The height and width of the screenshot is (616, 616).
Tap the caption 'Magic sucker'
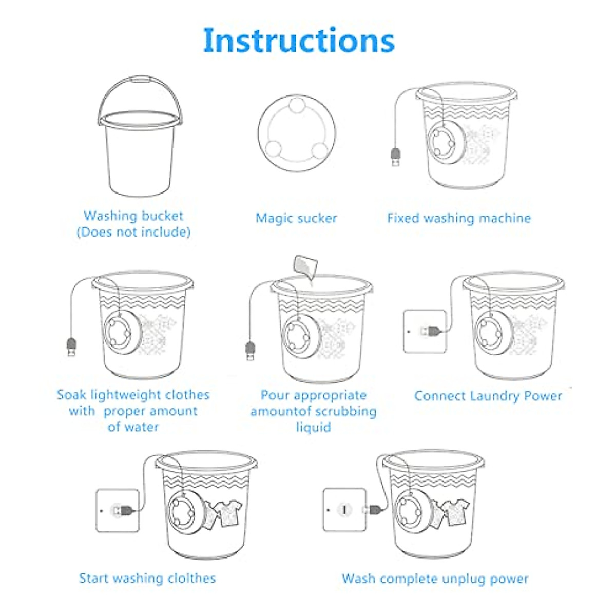click(x=296, y=218)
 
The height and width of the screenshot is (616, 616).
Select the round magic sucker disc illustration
click(x=297, y=133)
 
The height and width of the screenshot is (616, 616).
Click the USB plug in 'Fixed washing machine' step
click(x=396, y=157)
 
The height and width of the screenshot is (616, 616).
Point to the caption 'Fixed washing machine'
click(x=458, y=218)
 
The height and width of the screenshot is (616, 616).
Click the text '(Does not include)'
click(x=133, y=232)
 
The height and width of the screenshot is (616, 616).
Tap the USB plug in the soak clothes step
click(x=71, y=346)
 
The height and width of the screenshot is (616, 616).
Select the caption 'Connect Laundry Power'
click(x=488, y=396)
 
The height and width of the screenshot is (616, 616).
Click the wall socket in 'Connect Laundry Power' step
click(x=424, y=331)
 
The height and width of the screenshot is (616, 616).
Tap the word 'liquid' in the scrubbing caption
click(x=313, y=427)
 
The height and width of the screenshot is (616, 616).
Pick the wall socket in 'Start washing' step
click(x=117, y=510)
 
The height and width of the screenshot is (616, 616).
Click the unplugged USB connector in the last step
click(x=374, y=510)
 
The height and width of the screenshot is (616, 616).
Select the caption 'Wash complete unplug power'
click(x=435, y=579)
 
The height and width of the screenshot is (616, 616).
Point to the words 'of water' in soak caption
click(x=133, y=427)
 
